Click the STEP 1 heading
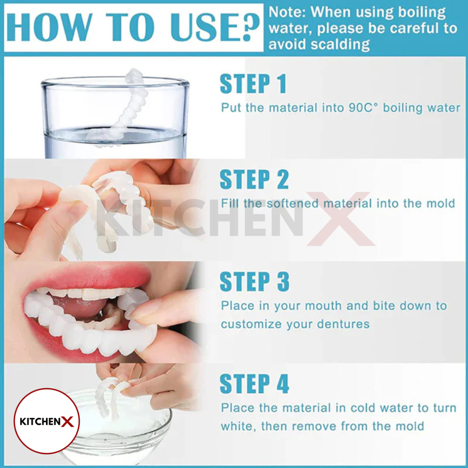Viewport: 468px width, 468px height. click(x=253, y=84)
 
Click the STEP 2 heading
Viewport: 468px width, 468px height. click(x=254, y=179)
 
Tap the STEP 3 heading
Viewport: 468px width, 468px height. click(x=255, y=282)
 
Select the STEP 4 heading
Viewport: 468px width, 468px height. click(x=254, y=384)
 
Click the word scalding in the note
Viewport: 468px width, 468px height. click(x=340, y=45)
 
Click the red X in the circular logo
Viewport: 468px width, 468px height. click(x=68, y=422)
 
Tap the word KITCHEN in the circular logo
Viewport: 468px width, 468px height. click(x=40, y=422)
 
